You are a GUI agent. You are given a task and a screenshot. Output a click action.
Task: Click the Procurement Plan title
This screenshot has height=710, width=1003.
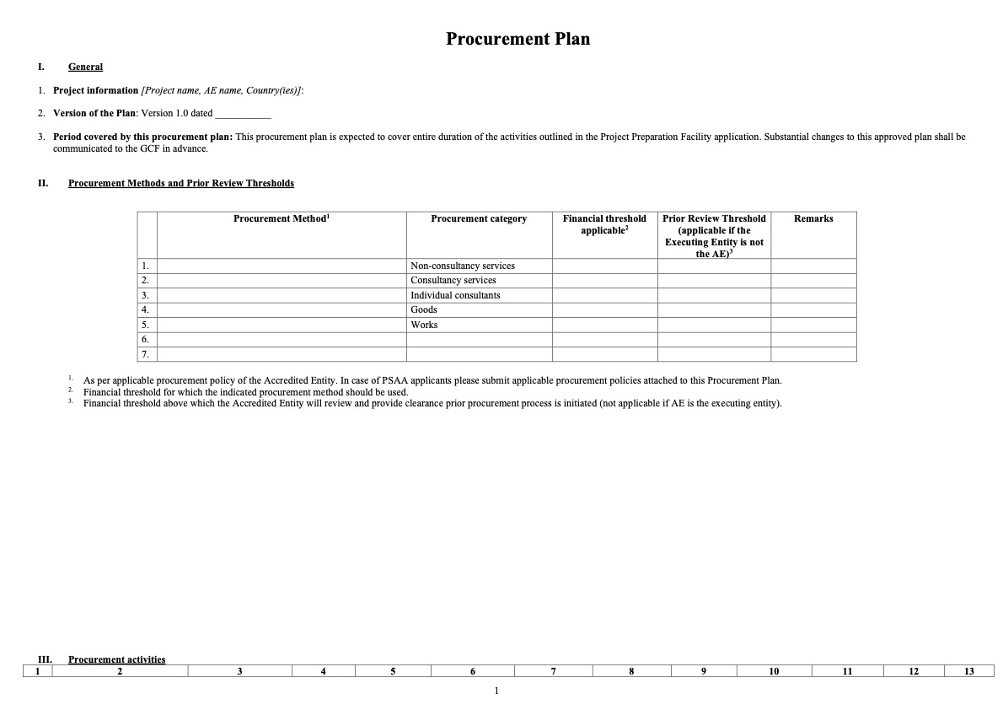[x=518, y=39]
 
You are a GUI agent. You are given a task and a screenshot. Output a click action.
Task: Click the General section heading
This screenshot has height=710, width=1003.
[x=85, y=67]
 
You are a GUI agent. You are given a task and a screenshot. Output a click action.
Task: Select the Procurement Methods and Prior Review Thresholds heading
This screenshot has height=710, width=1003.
[x=181, y=183]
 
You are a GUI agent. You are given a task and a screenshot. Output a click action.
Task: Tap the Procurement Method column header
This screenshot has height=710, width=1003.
[x=282, y=219]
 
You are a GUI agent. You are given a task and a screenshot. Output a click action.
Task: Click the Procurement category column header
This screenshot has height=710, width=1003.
[x=479, y=219]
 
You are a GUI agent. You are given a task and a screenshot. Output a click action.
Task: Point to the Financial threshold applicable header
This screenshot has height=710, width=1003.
[x=604, y=224]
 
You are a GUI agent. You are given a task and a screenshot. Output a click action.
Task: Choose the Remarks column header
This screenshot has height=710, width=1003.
[x=813, y=219]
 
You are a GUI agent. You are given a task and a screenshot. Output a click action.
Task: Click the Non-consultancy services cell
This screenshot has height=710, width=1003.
[x=463, y=266]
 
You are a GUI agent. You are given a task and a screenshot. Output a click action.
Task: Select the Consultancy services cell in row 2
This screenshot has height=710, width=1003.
[x=453, y=280]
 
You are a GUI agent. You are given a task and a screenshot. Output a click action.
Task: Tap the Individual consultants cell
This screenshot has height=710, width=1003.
[x=455, y=295]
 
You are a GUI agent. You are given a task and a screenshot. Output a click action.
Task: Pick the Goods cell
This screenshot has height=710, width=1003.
[x=424, y=309]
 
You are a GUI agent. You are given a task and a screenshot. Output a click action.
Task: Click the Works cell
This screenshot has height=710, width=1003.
[x=424, y=325]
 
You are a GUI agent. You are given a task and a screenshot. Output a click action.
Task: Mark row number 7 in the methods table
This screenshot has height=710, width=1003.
[x=146, y=354]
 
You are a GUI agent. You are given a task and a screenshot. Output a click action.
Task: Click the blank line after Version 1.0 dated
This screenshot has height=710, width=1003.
[x=243, y=114]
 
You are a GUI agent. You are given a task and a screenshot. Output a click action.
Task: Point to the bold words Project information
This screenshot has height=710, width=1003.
[x=95, y=90]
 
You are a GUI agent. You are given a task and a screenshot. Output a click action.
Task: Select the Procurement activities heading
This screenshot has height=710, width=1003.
[x=117, y=659]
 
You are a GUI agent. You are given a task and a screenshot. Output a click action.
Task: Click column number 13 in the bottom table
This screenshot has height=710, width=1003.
[x=968, y=671]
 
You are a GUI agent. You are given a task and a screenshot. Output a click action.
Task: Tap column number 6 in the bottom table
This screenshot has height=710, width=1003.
[x=473, y=671]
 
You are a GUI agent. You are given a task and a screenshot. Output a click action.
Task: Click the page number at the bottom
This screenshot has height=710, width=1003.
[x=496, y=691]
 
